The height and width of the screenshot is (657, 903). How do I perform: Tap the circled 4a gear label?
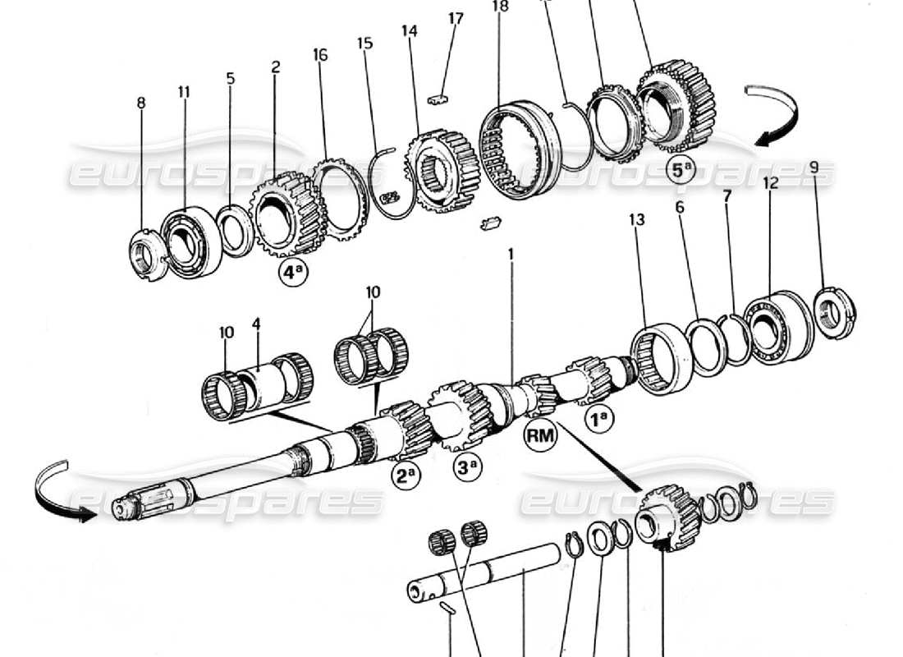point(292,274)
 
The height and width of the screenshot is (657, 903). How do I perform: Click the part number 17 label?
point(456,18)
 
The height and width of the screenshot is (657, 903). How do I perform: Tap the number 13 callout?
point(638,220)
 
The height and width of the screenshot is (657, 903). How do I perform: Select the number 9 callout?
point(814,167)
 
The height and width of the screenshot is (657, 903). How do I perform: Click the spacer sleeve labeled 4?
point(259,382)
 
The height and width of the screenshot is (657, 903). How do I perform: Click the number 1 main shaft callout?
point(511,255)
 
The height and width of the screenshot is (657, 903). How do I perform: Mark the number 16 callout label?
point(320,55)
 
